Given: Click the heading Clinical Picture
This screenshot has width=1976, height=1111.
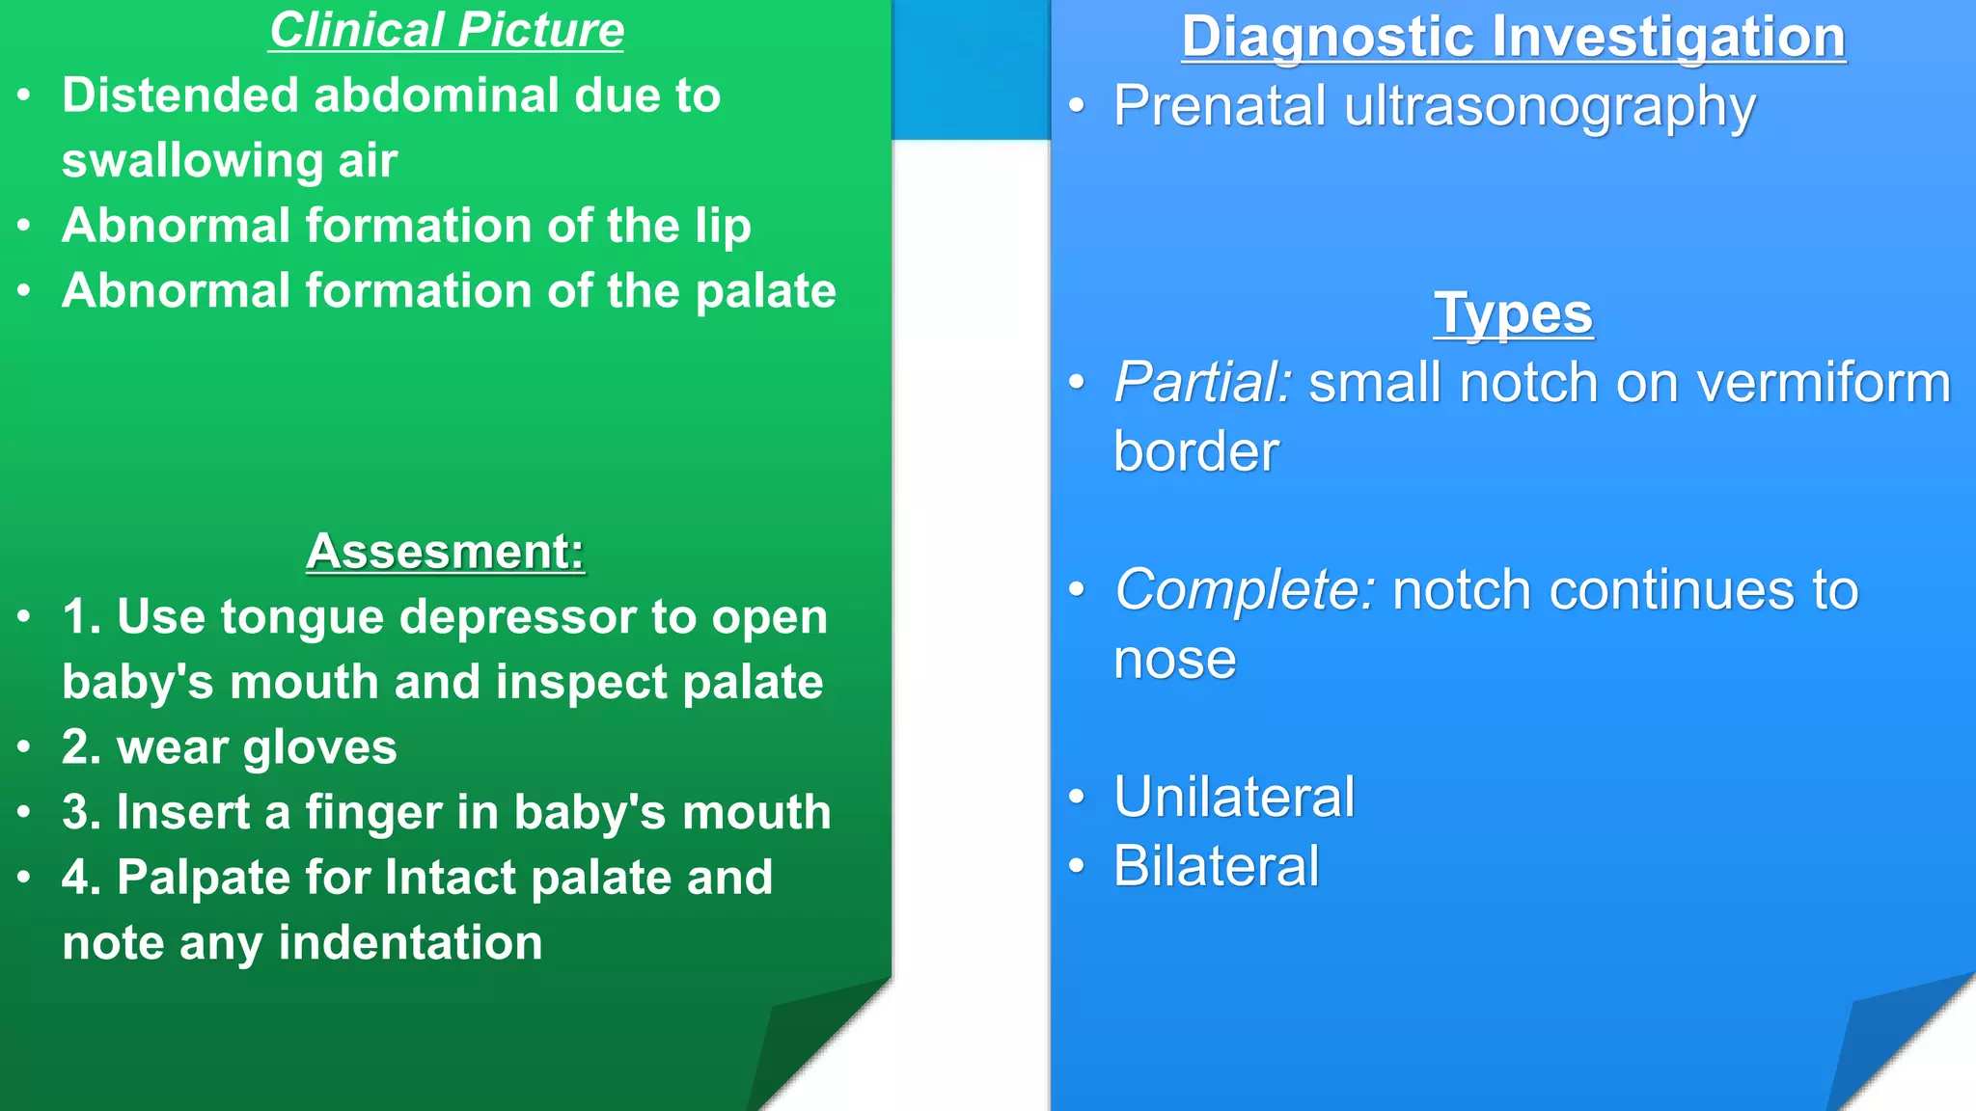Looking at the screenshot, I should [446, 31].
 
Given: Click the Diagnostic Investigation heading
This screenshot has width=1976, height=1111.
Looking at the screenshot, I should [1513, 37].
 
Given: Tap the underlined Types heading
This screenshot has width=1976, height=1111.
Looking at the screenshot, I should [1513, 314].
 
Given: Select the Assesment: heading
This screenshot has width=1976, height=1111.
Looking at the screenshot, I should [445, 552].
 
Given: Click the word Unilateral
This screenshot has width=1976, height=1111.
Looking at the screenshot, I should [1234, 798].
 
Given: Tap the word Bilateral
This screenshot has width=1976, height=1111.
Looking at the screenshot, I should [1216, 866].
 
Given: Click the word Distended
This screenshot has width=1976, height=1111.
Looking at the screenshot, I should [180, 95].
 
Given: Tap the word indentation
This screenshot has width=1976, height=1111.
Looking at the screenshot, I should [410, 943].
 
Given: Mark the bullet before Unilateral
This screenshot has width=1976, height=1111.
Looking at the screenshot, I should [1077, 797].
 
